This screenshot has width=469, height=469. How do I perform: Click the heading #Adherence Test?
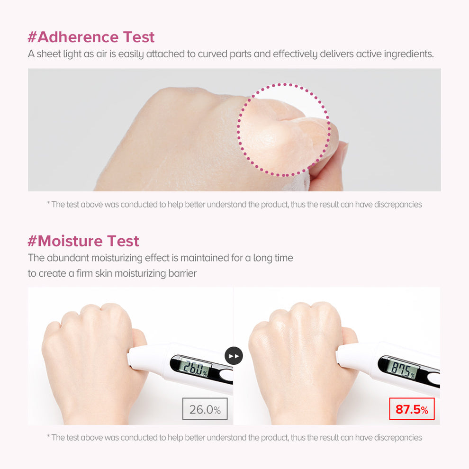tap(91, 37)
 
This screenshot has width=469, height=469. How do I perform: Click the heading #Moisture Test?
tap(83, 241)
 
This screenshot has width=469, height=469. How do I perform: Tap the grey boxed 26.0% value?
tap(205, 408)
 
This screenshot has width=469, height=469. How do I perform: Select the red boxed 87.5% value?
tap(412, 408)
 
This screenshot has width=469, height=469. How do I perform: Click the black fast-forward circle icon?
tap(234, 356)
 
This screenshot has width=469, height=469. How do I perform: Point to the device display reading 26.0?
tap(195, 368)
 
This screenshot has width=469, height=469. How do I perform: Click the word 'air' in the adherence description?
tap(101, 54)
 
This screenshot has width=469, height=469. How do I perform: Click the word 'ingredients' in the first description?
tap(408, 54)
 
